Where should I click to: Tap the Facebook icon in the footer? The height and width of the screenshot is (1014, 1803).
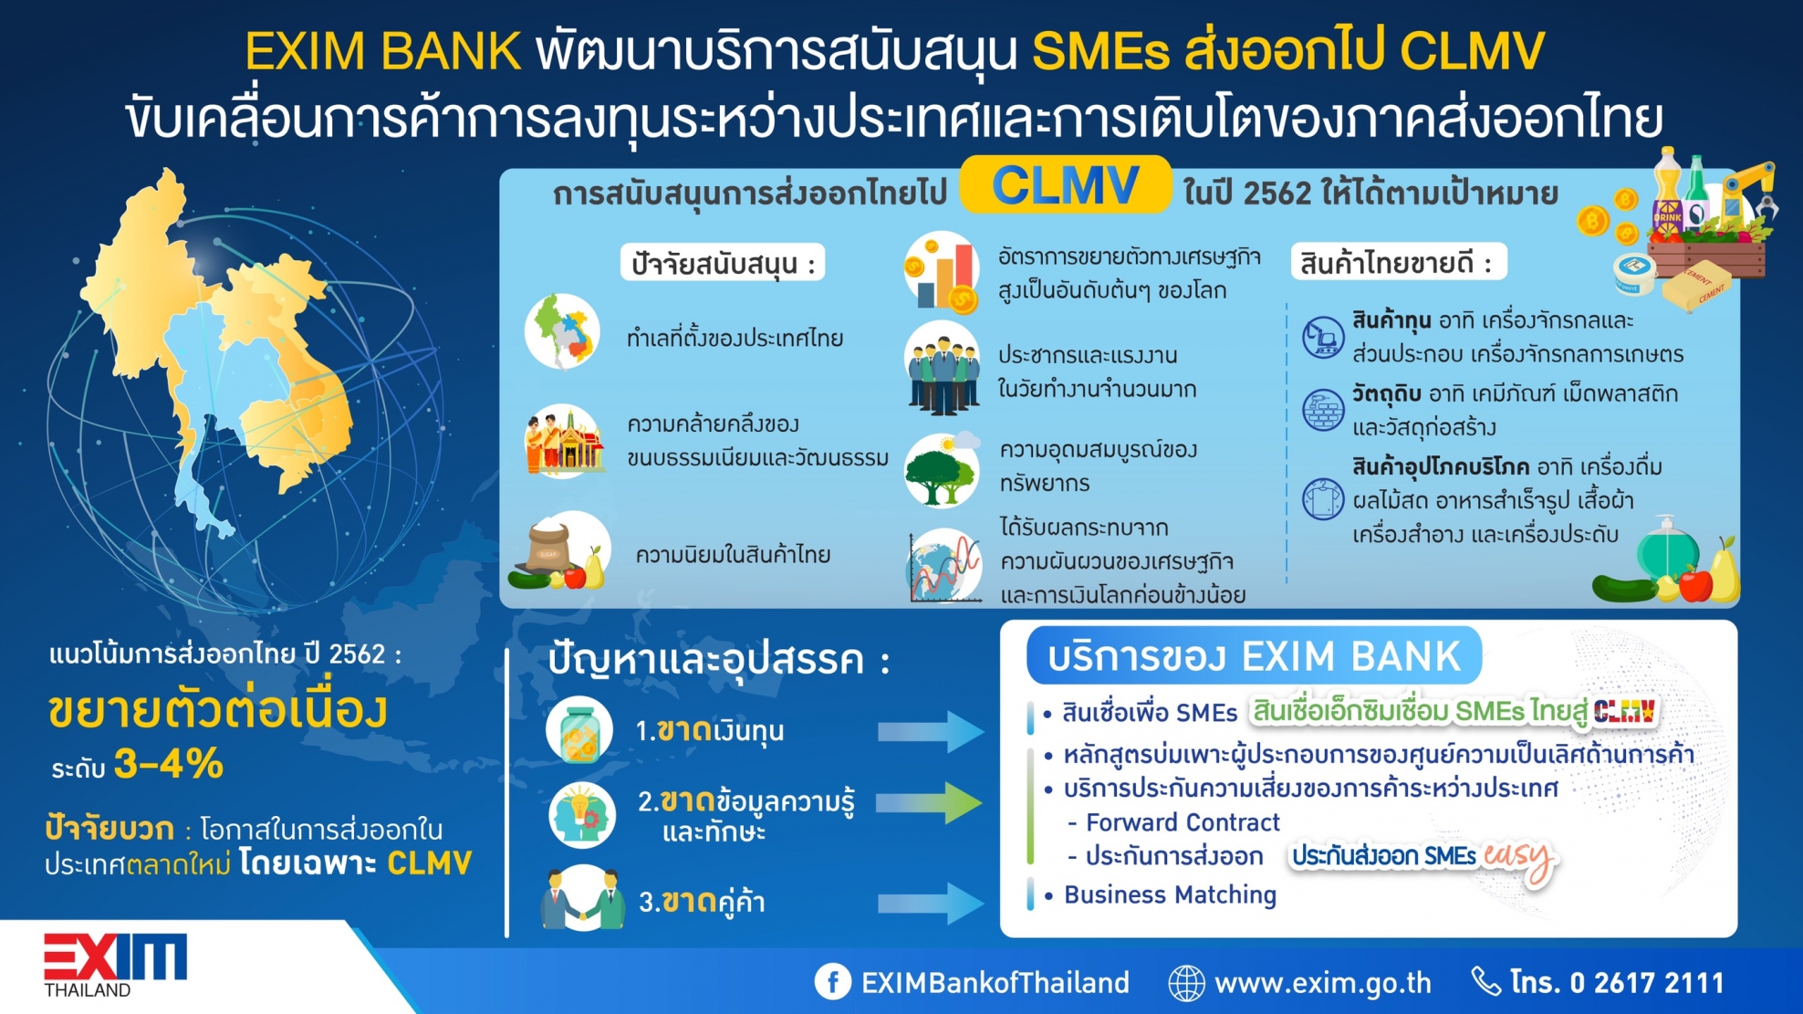832,982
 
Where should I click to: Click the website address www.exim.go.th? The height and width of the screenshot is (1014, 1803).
1323,983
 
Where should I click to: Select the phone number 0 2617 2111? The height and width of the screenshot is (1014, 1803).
1647,983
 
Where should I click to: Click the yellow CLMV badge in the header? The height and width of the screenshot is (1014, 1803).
1065,185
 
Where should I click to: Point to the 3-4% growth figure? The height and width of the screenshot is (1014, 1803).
170,764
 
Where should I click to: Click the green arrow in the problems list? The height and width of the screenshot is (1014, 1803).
929,802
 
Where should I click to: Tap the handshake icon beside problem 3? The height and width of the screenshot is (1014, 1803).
583,898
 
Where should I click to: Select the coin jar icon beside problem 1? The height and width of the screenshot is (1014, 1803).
579,730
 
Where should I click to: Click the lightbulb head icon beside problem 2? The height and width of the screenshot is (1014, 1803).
582,815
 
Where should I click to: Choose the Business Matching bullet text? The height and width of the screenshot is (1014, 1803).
1170,895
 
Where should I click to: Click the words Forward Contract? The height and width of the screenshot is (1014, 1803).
1183,822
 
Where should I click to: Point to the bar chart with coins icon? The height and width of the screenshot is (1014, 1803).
942,272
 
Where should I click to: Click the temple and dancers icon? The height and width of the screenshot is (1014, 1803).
564,442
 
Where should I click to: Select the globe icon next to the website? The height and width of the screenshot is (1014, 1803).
1186,983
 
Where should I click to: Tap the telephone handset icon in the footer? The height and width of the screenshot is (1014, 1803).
1487,982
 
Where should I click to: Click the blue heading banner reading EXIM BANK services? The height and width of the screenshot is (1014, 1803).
1254,655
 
